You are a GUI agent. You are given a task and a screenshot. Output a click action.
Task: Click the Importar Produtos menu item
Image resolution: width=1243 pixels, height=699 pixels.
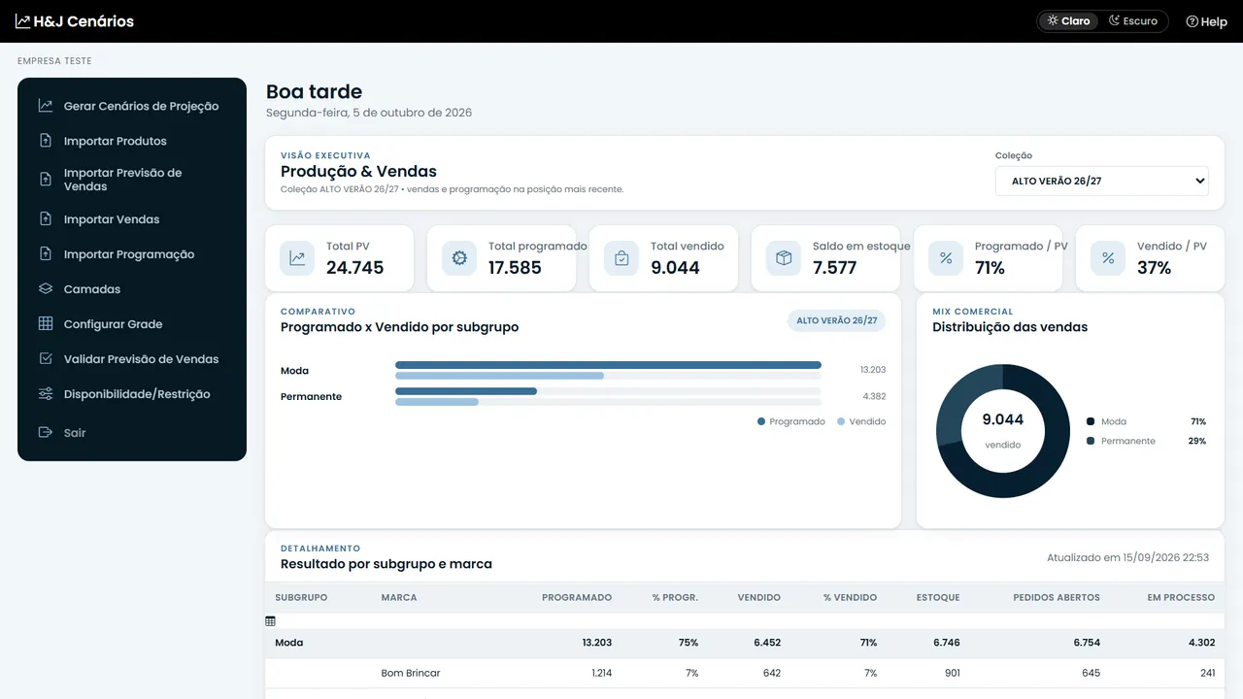tap(115, 141)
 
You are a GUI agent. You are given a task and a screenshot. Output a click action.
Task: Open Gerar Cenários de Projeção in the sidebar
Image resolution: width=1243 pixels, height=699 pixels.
tap(141, 106)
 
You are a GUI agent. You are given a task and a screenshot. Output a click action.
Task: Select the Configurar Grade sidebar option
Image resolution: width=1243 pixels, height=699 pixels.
tap(113, 324)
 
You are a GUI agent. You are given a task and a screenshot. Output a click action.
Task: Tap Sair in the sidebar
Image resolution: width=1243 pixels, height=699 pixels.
tap(75, 433)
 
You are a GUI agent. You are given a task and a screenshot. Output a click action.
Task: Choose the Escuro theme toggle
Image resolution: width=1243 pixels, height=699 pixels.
tap(1133, 21)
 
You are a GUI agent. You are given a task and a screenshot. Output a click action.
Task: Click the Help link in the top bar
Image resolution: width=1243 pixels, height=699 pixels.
tap(1206, 21)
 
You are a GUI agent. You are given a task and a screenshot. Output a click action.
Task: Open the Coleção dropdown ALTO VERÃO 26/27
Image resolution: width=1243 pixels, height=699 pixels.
tap(1101, 181)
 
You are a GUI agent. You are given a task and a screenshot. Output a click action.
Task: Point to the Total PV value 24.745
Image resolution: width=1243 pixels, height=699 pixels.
tap(354, 267)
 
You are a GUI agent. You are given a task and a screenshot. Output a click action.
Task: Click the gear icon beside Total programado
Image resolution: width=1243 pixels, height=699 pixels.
tap(459, 258)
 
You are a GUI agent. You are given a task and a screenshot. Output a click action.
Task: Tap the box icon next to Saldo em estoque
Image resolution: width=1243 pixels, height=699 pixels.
tap(784, 258)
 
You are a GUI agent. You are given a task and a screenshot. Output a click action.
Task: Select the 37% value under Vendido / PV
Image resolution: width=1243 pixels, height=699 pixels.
tap(1154, 267)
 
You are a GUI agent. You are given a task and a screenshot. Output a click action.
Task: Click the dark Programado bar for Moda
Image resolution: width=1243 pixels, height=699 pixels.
tap(608, 365)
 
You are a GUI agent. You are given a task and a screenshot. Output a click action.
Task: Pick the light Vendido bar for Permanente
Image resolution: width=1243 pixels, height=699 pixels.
tap(437, 402)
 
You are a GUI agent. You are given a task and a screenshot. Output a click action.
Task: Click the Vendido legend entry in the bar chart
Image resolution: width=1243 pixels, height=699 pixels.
tap(861, 421)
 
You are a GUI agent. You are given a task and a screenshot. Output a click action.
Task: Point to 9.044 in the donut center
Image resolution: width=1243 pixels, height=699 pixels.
tap(1003, 419)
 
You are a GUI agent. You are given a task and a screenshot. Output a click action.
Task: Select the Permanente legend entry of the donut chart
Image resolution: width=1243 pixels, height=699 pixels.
tap(1121, 441)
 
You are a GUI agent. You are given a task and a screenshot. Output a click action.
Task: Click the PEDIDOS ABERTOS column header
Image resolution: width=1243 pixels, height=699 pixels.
tap(1056, 597)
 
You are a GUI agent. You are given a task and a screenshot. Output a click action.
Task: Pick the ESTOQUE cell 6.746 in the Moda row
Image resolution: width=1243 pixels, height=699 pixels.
tap(946, 643)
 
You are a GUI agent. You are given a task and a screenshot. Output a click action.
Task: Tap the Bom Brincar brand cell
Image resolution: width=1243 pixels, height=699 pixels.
tap(410, 673)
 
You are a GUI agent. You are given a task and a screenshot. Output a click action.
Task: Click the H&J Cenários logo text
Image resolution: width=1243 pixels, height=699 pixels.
tap(84, 21)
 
